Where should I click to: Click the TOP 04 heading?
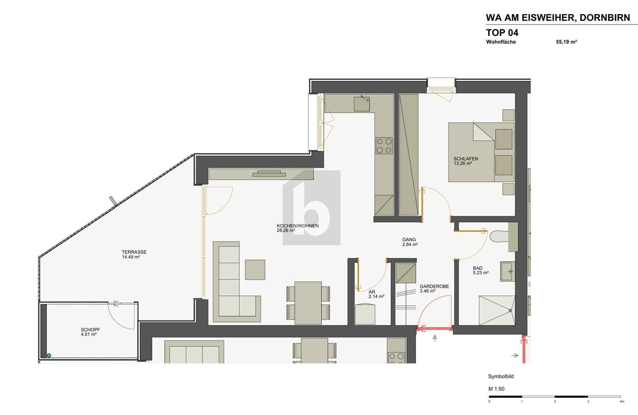pos(502,33)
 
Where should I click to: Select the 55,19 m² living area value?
pos(566,42)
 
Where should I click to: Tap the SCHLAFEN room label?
pos(466,159)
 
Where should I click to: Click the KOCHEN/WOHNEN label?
pos(297,226)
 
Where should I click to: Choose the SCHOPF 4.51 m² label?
pos(90,332)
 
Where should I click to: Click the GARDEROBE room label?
pos(434,286)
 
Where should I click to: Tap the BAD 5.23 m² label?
pos(480,270)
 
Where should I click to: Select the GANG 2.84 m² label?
pos(410,242)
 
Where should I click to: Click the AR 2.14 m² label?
pos(376,294)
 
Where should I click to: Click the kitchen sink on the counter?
pos(362,104)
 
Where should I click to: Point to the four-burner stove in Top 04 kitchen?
pos(384,146)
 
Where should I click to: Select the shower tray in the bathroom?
pos(497,310)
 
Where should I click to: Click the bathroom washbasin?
pos(507,271)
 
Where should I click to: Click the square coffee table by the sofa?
pos(255,270)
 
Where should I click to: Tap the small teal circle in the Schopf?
pos(49,356)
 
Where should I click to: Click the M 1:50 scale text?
pos(496,389)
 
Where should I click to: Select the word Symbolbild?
pos(501,376)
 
